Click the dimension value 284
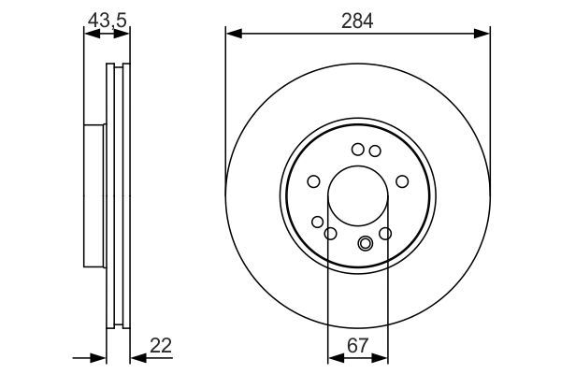coord(357,20)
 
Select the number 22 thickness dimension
coord(163,346)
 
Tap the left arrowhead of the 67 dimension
coord(333,357)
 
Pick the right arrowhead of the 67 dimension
coord(381,357)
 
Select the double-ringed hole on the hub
coord(366,245)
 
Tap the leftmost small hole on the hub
coord(314,181)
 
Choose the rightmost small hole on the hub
coord(402,181)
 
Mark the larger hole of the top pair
coord(358,149)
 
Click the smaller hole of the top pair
coord(374,151)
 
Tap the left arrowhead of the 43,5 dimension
coord(90,35)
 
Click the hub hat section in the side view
coord(93,196)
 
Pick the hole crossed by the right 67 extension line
coord(385,233)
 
